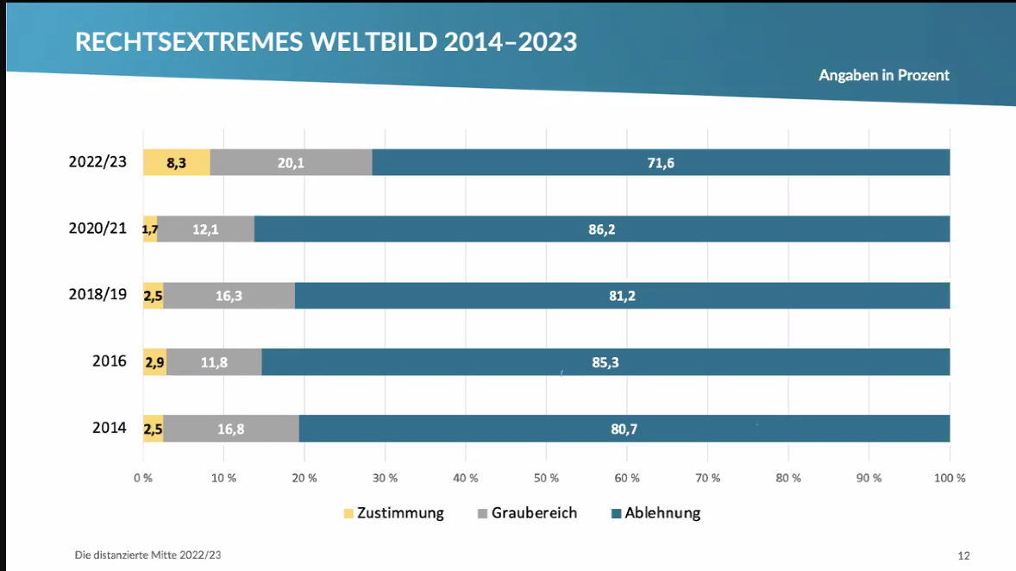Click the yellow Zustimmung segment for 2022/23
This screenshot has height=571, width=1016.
coord(177,162)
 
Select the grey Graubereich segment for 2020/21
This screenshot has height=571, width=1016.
coord(205,229)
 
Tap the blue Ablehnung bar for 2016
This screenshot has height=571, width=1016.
coord(605,362)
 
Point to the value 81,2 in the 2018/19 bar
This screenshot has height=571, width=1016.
coord(623,296)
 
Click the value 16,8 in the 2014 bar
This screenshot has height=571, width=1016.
coord(231,429)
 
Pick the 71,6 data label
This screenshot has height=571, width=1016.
coord(661,163)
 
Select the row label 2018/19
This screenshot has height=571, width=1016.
coord(97,294)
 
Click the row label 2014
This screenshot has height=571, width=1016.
coord(110,428)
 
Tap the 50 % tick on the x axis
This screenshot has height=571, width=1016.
coord(547,478)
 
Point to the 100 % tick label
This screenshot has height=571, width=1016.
coord(949,478)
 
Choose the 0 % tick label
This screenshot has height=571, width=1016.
coord(143,478)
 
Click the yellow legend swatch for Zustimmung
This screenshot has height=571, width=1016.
coord(348,514)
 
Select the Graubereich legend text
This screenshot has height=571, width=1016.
coord(534,513)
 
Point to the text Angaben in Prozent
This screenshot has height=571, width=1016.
coord(884,76)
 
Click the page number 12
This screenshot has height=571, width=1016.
coord(964,555)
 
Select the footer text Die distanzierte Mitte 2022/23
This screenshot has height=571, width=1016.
coord(147,555)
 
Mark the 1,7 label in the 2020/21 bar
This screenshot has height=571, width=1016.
coord(150,230)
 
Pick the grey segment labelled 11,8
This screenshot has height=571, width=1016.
coord(214,362)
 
